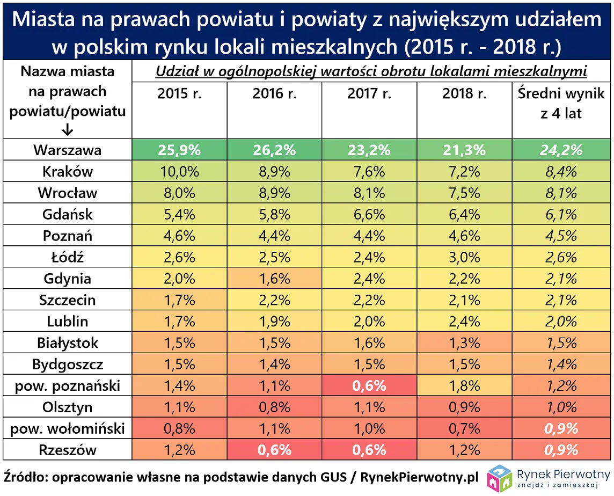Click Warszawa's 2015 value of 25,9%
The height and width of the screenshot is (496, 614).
tap(179, 150)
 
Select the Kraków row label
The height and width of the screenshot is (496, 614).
tap(67, 172)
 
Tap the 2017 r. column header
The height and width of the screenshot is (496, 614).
tap(369, 94)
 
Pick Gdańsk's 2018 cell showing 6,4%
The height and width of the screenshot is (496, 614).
tap(464, 215)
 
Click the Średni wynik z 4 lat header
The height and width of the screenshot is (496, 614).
tap(561, 103)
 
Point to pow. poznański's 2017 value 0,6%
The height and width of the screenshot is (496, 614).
tap(369, 385)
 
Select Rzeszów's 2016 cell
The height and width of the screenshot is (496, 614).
tap(274, 450)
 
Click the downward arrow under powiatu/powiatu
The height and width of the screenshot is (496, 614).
tap(67, 130)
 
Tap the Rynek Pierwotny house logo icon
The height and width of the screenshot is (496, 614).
tap(499, 478)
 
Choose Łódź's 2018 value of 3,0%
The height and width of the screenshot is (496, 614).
tap(464, 258)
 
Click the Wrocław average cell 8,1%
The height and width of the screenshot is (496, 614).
tap(561, 193)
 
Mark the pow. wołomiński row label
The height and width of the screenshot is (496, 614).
tap(67, 428)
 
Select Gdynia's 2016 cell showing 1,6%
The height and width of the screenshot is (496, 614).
tap(274, 279)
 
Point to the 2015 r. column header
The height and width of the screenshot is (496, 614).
tap(179, 94)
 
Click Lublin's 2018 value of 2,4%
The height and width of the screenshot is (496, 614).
tap(464, 322)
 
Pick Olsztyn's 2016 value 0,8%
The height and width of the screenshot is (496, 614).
tap(274, 407)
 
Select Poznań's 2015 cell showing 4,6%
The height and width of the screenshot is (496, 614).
tap(179, 236)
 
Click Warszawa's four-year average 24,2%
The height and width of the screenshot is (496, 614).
tap(561, 150)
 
